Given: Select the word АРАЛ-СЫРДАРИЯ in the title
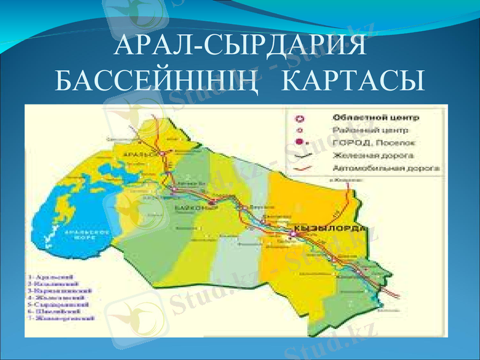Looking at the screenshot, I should pyautogui.click(x=240, y=46).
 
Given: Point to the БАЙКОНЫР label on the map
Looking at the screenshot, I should pyautogui.click(x=188, y=208).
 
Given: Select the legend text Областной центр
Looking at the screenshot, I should pyautogui.click(x=369, y=117).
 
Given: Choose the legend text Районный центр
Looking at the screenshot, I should pyautogui.click(x=366, y=130).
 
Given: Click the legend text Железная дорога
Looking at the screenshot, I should pyautogui.click(x=369, y=155).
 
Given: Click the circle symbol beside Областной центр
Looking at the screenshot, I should pyautogui.click(x=301, y=118).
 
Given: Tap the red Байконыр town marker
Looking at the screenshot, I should pyautogui.click(x=212, y=202).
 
